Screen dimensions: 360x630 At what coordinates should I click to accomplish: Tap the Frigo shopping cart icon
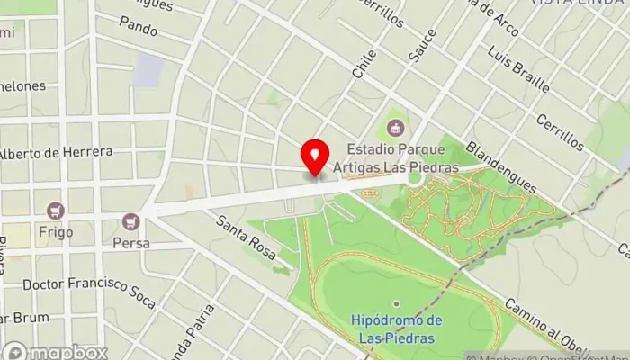pos(56,210)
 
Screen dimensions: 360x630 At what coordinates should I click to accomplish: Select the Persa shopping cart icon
pos(131,220)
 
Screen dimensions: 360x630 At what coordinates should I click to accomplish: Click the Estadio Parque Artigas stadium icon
pos(395,129)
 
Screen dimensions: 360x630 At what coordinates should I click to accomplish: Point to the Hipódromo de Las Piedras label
pos(396,329)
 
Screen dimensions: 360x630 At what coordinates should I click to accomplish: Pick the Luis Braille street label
pos(517,71)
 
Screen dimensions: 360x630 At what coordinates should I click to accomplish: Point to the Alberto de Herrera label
pos(56,152)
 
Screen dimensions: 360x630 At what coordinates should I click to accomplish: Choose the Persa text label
pos(131,243)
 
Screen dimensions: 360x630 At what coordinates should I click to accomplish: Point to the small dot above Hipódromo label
pos(396,303)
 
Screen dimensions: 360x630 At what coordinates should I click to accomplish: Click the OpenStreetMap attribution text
pos(576,354)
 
